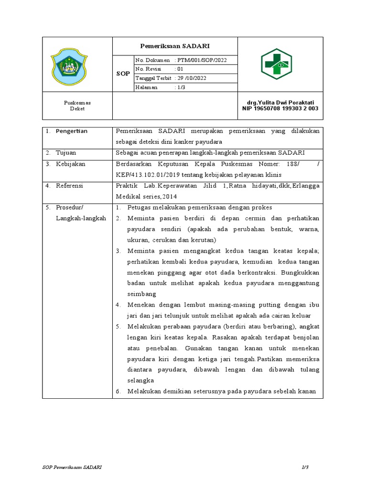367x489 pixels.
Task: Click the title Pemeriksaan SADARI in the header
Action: point(174,46)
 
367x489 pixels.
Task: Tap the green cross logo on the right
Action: point(276,64)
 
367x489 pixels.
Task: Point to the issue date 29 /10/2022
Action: point(193,78)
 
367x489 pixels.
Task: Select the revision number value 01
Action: point(180,69)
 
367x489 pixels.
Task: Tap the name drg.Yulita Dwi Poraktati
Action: point(280,103)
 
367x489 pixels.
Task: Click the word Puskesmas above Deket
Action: point(77,103)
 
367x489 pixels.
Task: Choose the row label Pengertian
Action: point(72,131)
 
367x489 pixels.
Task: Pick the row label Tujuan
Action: point(66,153)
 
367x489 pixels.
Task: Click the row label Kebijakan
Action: point(71,164)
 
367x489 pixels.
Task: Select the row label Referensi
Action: point(70,186)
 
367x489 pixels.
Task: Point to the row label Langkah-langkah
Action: point(81,218)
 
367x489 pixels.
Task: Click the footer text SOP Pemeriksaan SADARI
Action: point(71,466)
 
